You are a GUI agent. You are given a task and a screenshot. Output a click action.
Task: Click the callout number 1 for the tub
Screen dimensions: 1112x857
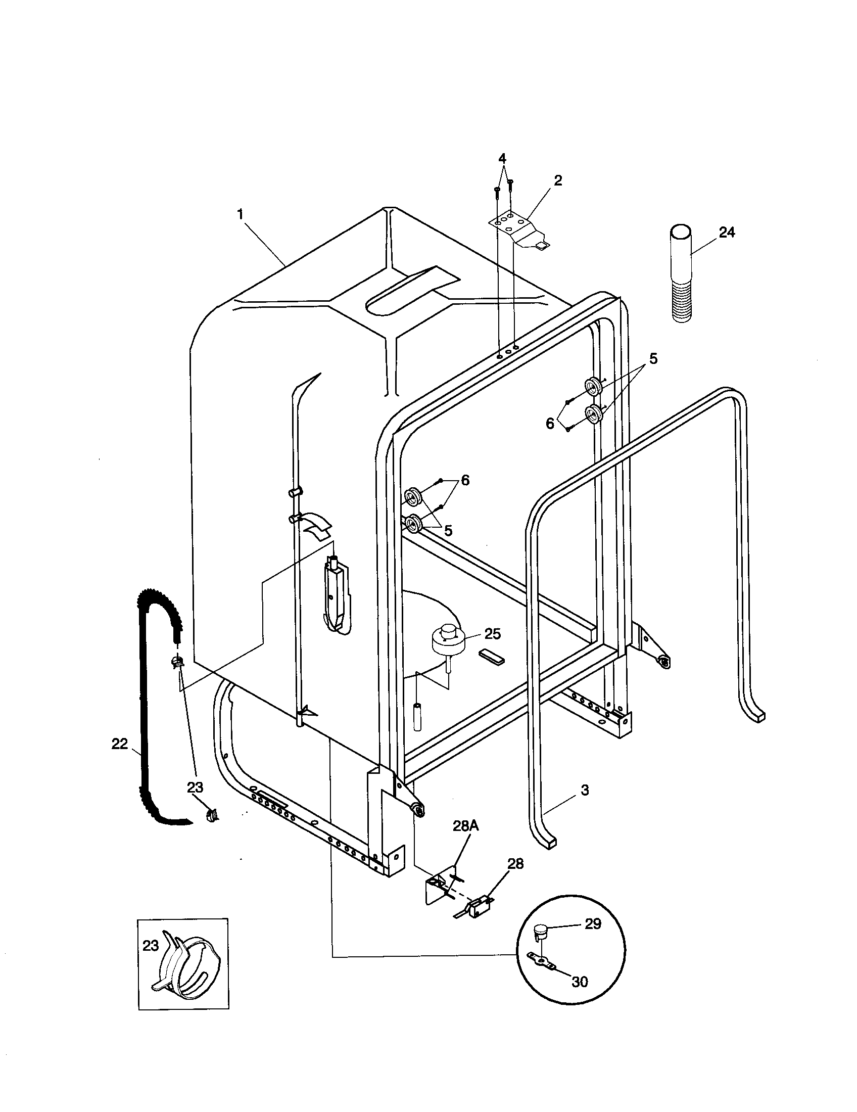point(240,214)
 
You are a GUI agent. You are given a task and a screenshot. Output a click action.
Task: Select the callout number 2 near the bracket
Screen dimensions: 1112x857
point(558,180)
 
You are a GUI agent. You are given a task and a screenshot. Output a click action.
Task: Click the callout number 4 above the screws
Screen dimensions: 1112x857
point(502,158)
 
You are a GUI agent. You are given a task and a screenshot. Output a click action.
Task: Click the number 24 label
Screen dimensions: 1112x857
point(727,232)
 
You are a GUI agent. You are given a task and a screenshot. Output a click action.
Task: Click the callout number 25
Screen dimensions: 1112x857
point(492,634)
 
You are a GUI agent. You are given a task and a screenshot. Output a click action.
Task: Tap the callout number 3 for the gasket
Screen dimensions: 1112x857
point(585,790)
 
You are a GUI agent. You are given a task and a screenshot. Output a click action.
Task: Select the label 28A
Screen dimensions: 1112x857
point(466,826)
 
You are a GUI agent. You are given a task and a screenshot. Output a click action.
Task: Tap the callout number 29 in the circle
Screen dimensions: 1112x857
point(593,924)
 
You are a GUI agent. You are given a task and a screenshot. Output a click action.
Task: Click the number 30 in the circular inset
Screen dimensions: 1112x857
point(580,982)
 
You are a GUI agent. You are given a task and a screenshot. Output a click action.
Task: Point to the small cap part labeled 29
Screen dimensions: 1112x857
point(540,933)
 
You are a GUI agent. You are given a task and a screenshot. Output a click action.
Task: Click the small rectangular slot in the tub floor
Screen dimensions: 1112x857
point(492,657)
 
